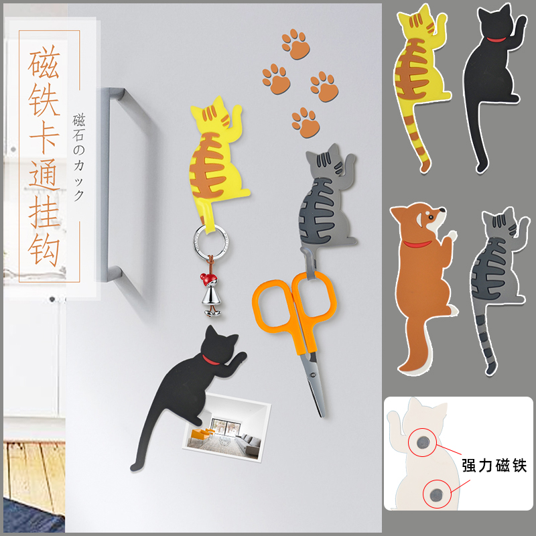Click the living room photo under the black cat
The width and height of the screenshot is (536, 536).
pyautogui.click(x=227, y=427)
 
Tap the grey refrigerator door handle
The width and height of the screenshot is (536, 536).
pyautogui.click(x=113, y=185)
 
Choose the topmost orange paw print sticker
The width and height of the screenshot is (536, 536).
pyautogui.click(x=295, y=44)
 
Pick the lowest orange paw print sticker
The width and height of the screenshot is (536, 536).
pyautogui.click(x=306, y=123)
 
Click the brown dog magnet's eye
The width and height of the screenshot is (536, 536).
pyautogui.click(x=429, y=216)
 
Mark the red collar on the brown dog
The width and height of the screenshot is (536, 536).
pyautogui.click(x=417, y=244)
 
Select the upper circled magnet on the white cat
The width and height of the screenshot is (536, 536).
pyautogui.click(x=422, y=442)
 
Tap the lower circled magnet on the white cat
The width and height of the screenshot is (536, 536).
pyautogui.click(x=436, y=494)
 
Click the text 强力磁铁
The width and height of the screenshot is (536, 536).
pyautogui.click(x=494, y=466)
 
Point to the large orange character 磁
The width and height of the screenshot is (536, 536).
pyautogui.click(x=44, y=62)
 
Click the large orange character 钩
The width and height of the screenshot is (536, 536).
pyautogui.click(x=44, y=250)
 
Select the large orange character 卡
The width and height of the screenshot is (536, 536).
pyautogui.click(x=44, y=137)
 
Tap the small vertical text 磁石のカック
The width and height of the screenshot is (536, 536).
pyautogui.click(x=78, y=157)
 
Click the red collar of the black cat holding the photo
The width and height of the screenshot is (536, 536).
pyautogui.click(x=211, y=360)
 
